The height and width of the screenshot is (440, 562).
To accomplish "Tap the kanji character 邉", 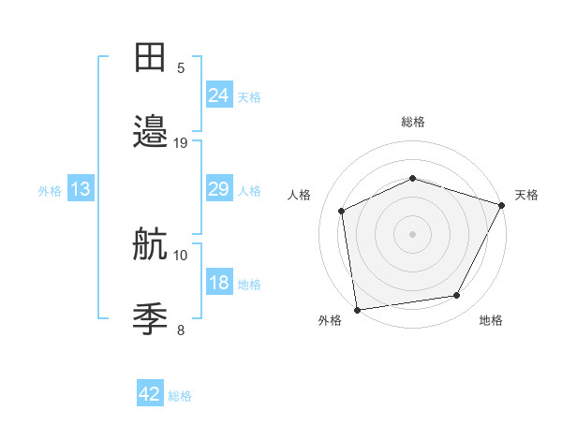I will pos(151,132).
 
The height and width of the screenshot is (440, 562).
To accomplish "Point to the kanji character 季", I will pos(151,318).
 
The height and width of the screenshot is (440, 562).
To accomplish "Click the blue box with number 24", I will pos(219,95).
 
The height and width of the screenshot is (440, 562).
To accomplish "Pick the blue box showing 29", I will pos(219,189).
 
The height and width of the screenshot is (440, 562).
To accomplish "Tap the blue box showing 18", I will pos(219,284).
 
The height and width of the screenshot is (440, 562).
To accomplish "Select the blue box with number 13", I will pos(81,189).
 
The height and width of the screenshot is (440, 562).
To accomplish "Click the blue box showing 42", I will pos(150,394).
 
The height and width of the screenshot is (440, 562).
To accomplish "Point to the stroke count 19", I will pos(181,143).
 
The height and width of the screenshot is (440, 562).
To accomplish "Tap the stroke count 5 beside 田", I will pos(181,68).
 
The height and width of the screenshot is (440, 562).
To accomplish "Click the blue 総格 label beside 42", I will pos(180,396).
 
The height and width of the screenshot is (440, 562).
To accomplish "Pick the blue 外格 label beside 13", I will pos(50,191).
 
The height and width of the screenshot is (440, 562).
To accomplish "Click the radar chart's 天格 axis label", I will pos(526,195).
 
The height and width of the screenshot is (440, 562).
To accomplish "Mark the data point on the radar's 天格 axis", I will pos(503,205).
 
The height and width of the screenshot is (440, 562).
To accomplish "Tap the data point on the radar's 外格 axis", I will pos(357,309).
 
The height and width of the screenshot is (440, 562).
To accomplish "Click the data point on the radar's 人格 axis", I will pos(342,211).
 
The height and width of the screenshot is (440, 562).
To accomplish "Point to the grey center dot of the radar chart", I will pos(412,234).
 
